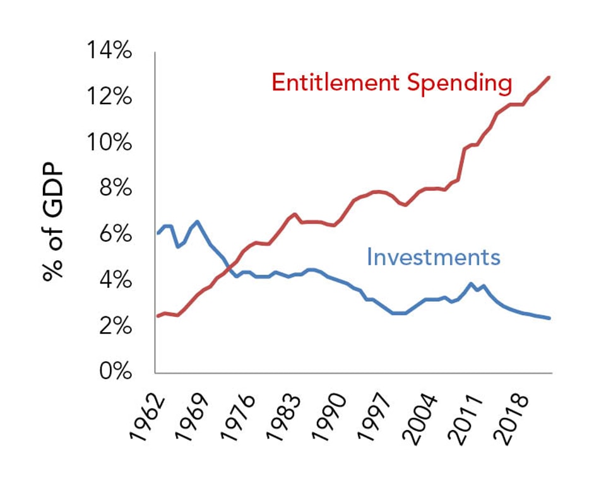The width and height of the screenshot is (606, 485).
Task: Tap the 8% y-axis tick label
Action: coord(115,189)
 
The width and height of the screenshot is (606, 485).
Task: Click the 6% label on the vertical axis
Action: coord(115,235)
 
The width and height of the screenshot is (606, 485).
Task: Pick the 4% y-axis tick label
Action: coord(115,280)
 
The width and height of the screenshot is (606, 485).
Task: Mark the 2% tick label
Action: coord(115,326)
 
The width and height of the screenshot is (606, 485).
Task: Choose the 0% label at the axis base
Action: coord(115,371)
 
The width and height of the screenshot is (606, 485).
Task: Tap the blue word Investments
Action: coord(433,257)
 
